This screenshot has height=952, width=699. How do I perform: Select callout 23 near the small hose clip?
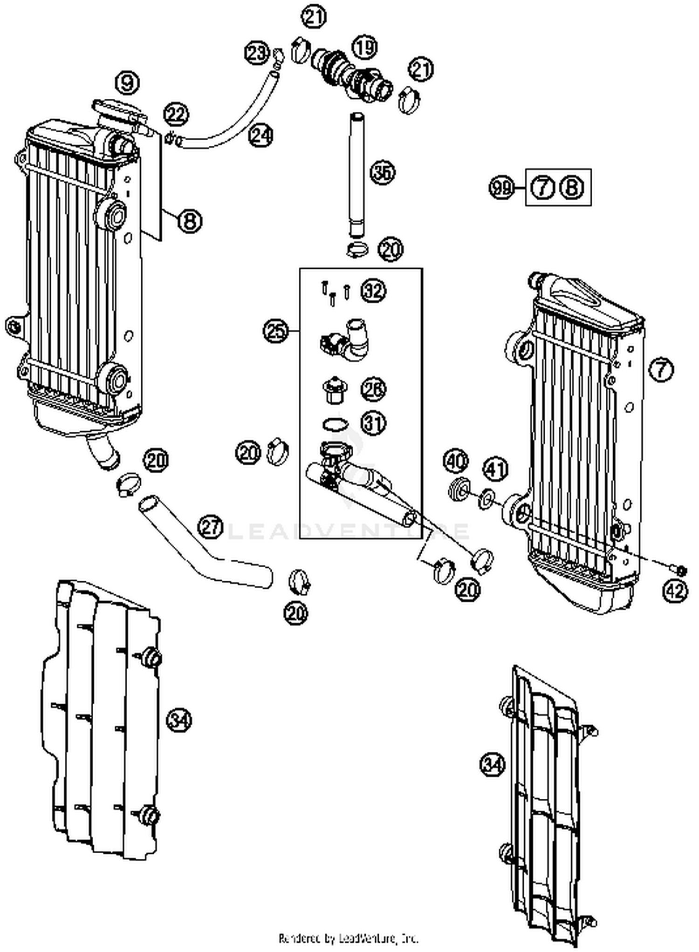point(257,53)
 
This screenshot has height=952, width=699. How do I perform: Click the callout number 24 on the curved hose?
point(260,136)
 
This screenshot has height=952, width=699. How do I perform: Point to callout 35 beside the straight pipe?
point(383,172)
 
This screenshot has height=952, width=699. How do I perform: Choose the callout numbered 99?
point(500,188)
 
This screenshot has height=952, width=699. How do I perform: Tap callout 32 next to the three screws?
point(373,291)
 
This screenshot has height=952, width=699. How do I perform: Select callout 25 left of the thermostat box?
point(275,331)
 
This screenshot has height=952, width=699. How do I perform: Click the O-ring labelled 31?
point(335,424)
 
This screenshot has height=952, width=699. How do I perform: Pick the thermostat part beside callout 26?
point(333,390)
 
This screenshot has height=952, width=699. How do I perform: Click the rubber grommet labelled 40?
point(459,490)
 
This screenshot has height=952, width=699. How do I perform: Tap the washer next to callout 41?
point(487,498)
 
